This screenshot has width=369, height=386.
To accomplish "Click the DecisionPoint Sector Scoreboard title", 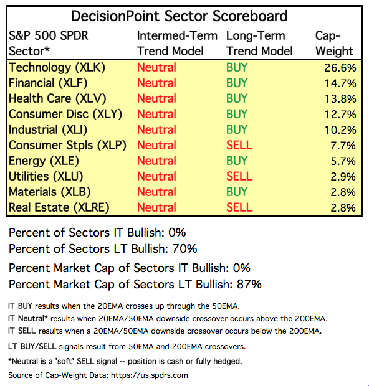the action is point(179,16).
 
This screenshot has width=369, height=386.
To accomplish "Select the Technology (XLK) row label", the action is point(57,68).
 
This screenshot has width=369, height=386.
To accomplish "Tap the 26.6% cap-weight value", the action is point(340,68).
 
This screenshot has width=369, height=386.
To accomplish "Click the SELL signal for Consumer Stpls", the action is point(239,145).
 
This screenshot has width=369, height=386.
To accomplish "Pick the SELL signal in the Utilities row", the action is point(239,176).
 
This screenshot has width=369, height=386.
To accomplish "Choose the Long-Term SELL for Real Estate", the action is point(239,207).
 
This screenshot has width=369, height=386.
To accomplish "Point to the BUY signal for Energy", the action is point(237,161).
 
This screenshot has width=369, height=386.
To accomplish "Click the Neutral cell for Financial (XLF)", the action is point(157,83).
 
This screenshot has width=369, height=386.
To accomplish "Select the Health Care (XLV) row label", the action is point(57,99).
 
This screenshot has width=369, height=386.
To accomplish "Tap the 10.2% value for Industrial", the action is point(340,130).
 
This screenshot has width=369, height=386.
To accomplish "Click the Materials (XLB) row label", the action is point(49,192).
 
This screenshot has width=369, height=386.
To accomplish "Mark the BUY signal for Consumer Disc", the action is point(237,114).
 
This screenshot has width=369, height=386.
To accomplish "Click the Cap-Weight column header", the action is point(334,44).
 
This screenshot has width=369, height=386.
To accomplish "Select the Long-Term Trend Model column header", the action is point(259,44).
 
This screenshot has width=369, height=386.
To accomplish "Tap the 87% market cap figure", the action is point(249,284).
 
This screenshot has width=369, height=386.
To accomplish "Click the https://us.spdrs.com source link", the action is point(150,375).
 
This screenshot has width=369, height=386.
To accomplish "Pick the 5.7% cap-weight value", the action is point(343,161).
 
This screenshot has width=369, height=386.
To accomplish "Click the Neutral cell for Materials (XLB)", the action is point(157,192).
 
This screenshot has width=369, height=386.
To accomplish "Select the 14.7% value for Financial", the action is point(340,83).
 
